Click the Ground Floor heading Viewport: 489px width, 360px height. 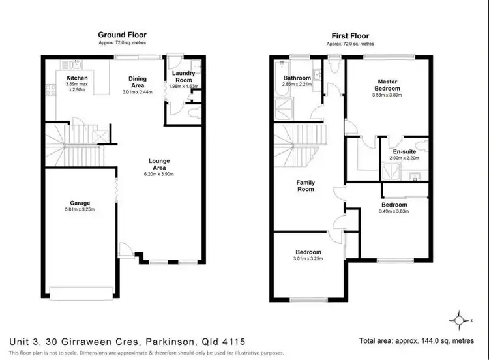(122, 35)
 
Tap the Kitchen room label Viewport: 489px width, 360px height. (76, 78)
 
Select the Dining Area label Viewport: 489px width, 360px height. (138, 82)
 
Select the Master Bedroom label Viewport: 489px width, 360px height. (387, 85)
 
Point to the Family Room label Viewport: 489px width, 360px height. (305, 186)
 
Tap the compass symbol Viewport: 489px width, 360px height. (458, 319)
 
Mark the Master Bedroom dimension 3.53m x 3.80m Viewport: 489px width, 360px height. (387, 95)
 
